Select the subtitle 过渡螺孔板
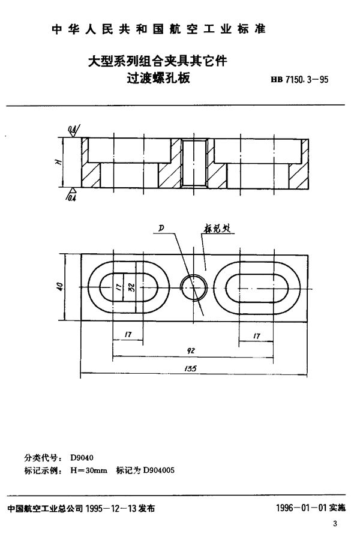coord(158,77)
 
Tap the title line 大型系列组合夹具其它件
coord(158,61)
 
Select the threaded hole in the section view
coord(194,164)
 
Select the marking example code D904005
coord(158,471)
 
